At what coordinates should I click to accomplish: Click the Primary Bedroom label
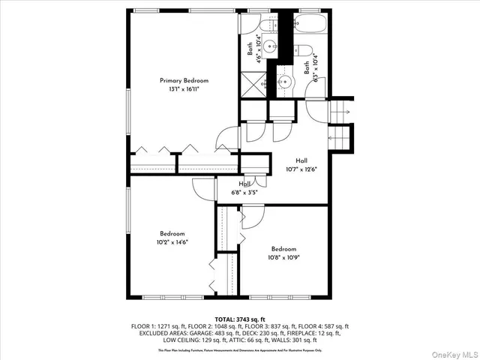point(184,80)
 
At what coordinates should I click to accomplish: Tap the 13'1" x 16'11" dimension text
point(184,89)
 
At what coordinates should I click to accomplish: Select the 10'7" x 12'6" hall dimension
point(301,169)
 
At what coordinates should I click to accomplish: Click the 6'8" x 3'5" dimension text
point(245,192)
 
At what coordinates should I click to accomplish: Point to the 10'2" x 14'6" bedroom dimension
point(172,242)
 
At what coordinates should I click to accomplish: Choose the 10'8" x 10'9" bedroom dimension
point(283,258)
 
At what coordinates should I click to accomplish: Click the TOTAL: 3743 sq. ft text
point(240,319)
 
